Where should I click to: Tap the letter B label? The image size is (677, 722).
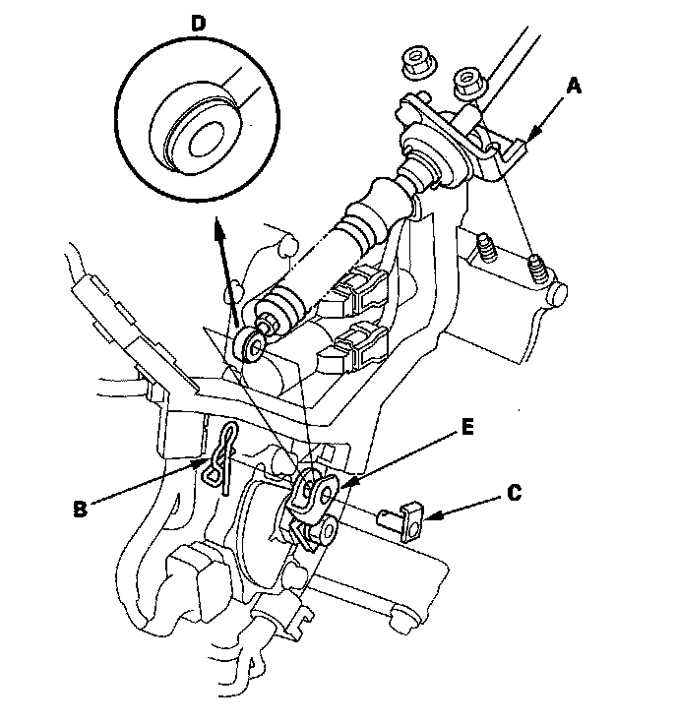coord(82,508)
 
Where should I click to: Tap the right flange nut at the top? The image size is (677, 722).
coord(466,83)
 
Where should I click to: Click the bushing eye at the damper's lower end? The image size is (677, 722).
coord(252,344)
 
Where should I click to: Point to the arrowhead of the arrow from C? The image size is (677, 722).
coord(429,514)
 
